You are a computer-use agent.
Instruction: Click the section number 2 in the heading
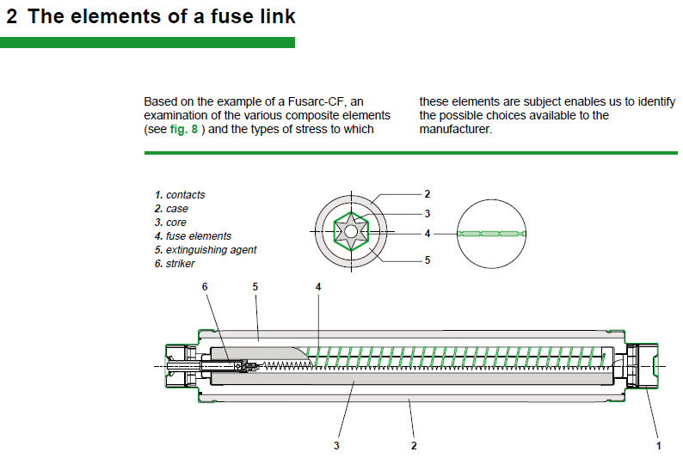click(12, 16)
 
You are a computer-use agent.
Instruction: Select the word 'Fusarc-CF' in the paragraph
click(321, 101)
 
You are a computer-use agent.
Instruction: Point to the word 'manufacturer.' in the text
click(455, 129)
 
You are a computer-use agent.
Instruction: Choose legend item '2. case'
click(171, 209)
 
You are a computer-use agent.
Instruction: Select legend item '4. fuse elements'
click(193, 236)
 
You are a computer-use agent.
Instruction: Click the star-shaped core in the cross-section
click(351, 232)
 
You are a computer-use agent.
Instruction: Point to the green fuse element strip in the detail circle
click(491, 233)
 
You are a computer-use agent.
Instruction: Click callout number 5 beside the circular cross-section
click(427, 260)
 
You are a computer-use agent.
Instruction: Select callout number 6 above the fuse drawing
click(205, 285)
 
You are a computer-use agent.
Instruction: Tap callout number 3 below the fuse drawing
click(337, 445)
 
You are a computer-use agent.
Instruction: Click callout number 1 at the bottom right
click(659, 445)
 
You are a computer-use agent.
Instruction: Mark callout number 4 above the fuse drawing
click(317, 285)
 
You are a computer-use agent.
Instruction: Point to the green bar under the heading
click(147, 42)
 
